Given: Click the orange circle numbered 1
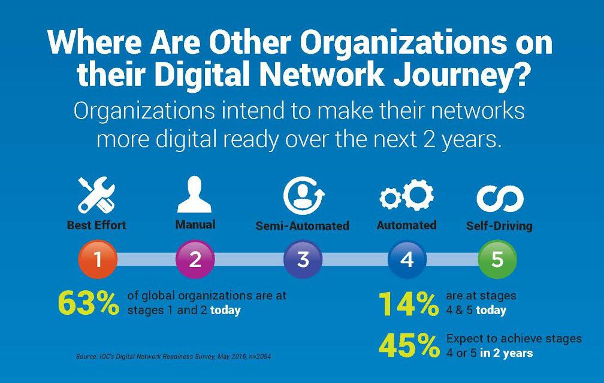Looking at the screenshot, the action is [x=98, y=259].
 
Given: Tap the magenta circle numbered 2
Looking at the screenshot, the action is [x=195, y=259].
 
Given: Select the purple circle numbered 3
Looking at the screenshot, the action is [x=303, y=259].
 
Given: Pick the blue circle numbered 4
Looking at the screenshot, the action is [x=407, y=259].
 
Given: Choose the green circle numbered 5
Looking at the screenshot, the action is [x=497, y=259].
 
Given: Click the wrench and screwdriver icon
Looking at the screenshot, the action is [x=96, y=195].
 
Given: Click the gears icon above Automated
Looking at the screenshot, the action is [x=406, y=194].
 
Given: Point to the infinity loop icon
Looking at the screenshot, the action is [x=500, y=199].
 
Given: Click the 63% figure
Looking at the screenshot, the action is [x=88, y=303].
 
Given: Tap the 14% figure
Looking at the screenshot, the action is [x=408, y=304].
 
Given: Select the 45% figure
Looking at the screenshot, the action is [x=409, y=345].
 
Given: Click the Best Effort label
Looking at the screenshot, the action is [x=96, y=225].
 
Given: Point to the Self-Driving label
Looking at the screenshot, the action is [x=499, y=226].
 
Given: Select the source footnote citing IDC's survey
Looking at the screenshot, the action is [x=173, y=357].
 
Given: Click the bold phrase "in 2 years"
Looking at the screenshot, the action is [x=506, y=353].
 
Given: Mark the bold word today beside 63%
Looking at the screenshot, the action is [x=225, y=310].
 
